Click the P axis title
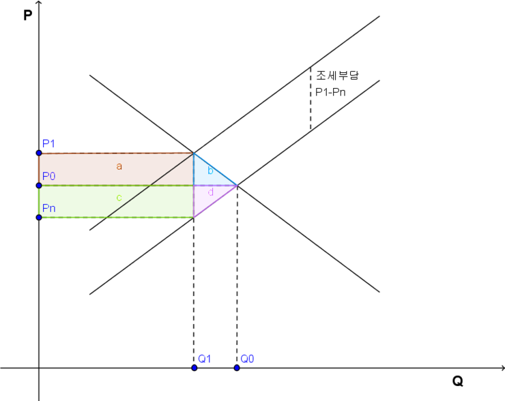point(28,15)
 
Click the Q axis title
point(458,381)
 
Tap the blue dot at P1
point(39,153)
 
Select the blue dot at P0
point(39,185)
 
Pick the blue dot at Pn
point(39,218)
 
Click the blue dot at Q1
point(194,368)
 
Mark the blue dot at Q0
point(237,368)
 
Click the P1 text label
point(48,143)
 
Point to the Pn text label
point(49,208)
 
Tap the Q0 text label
point(247,359)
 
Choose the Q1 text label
point(205,359)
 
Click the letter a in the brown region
point(119,166)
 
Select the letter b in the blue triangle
point(210,170)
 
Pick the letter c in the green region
point(119,198)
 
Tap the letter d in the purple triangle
point(211,192)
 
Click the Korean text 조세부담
point(337,75)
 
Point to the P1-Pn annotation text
point(330,92)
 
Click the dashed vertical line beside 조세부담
point(311,98)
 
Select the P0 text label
point(49,176)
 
